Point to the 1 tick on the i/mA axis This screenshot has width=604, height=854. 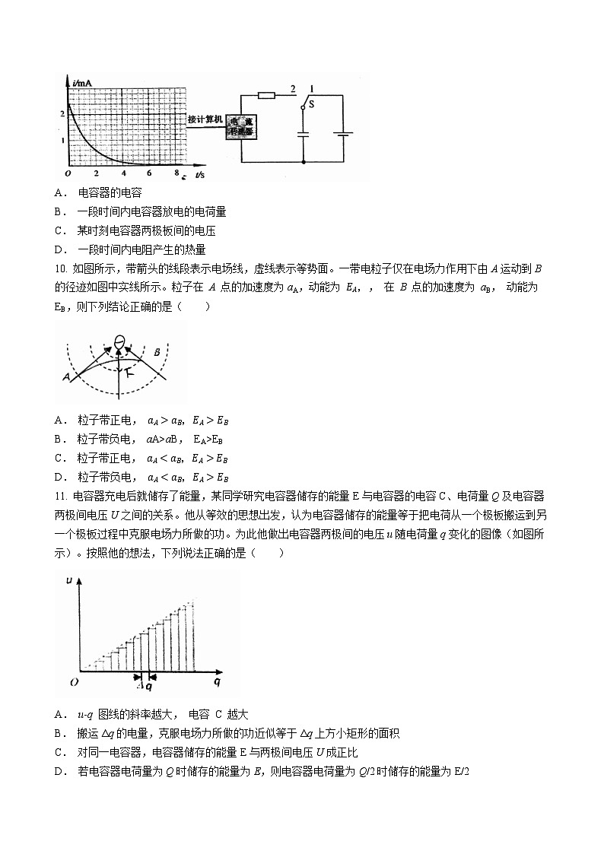[62, 141]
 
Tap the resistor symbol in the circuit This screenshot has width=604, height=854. [266, 95]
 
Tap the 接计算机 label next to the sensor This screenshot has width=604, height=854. [205, 119]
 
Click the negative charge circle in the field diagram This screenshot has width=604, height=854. [119, 341]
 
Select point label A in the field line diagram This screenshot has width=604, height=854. [67, 376]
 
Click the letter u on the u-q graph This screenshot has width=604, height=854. [69, 580]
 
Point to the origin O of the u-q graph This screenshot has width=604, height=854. [74, 682]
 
